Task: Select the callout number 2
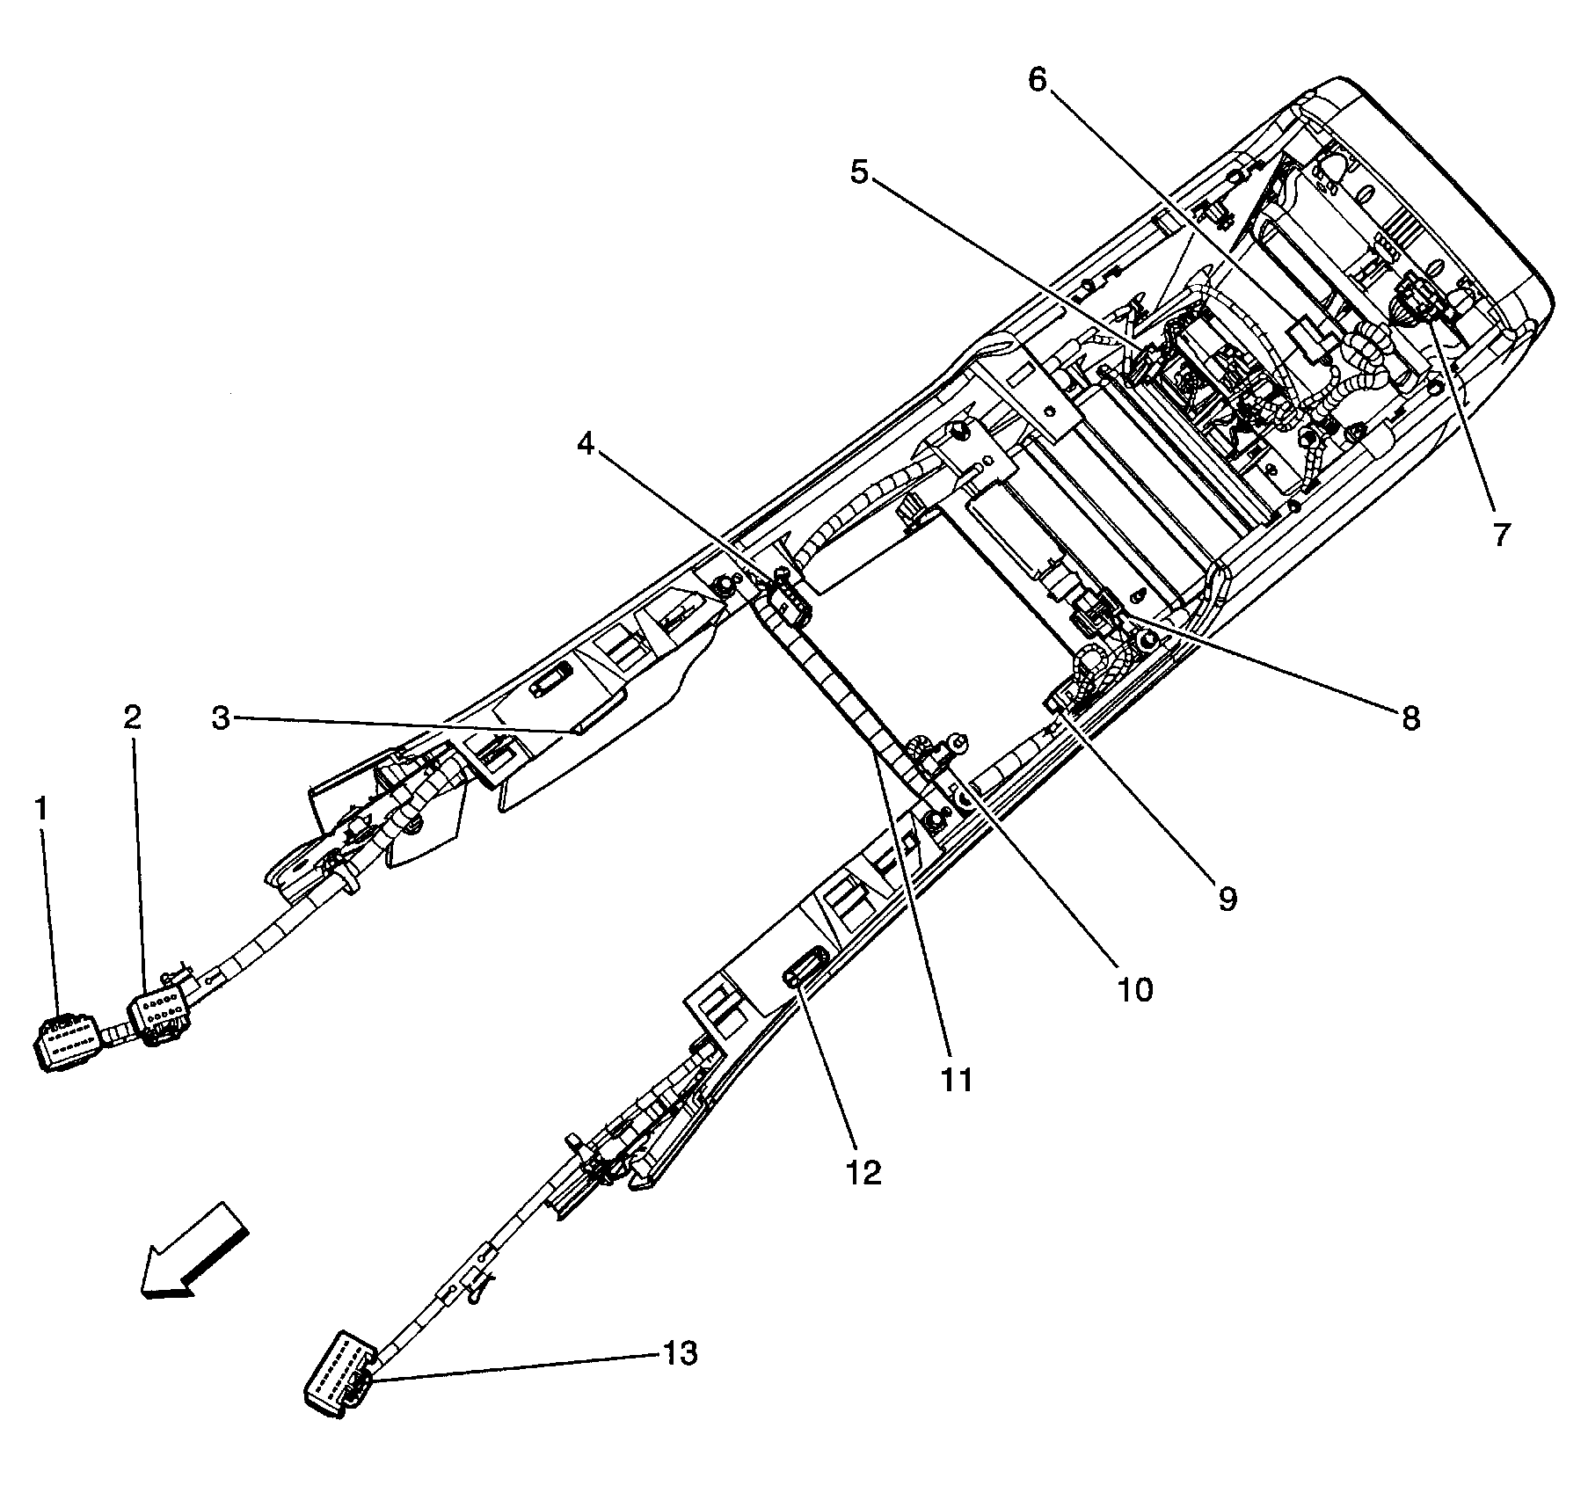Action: tap(132, 718)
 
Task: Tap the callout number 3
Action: tap(221, 718)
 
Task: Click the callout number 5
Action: tap(859, 172)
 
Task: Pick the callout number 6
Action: tap(1038, 81)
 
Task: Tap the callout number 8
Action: tap(1410, 718)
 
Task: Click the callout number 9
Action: tap(1227, 898)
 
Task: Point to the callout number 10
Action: tap(1135, 990)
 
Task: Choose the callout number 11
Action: tap(956, 1080)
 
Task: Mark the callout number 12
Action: tap(864, 1172)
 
